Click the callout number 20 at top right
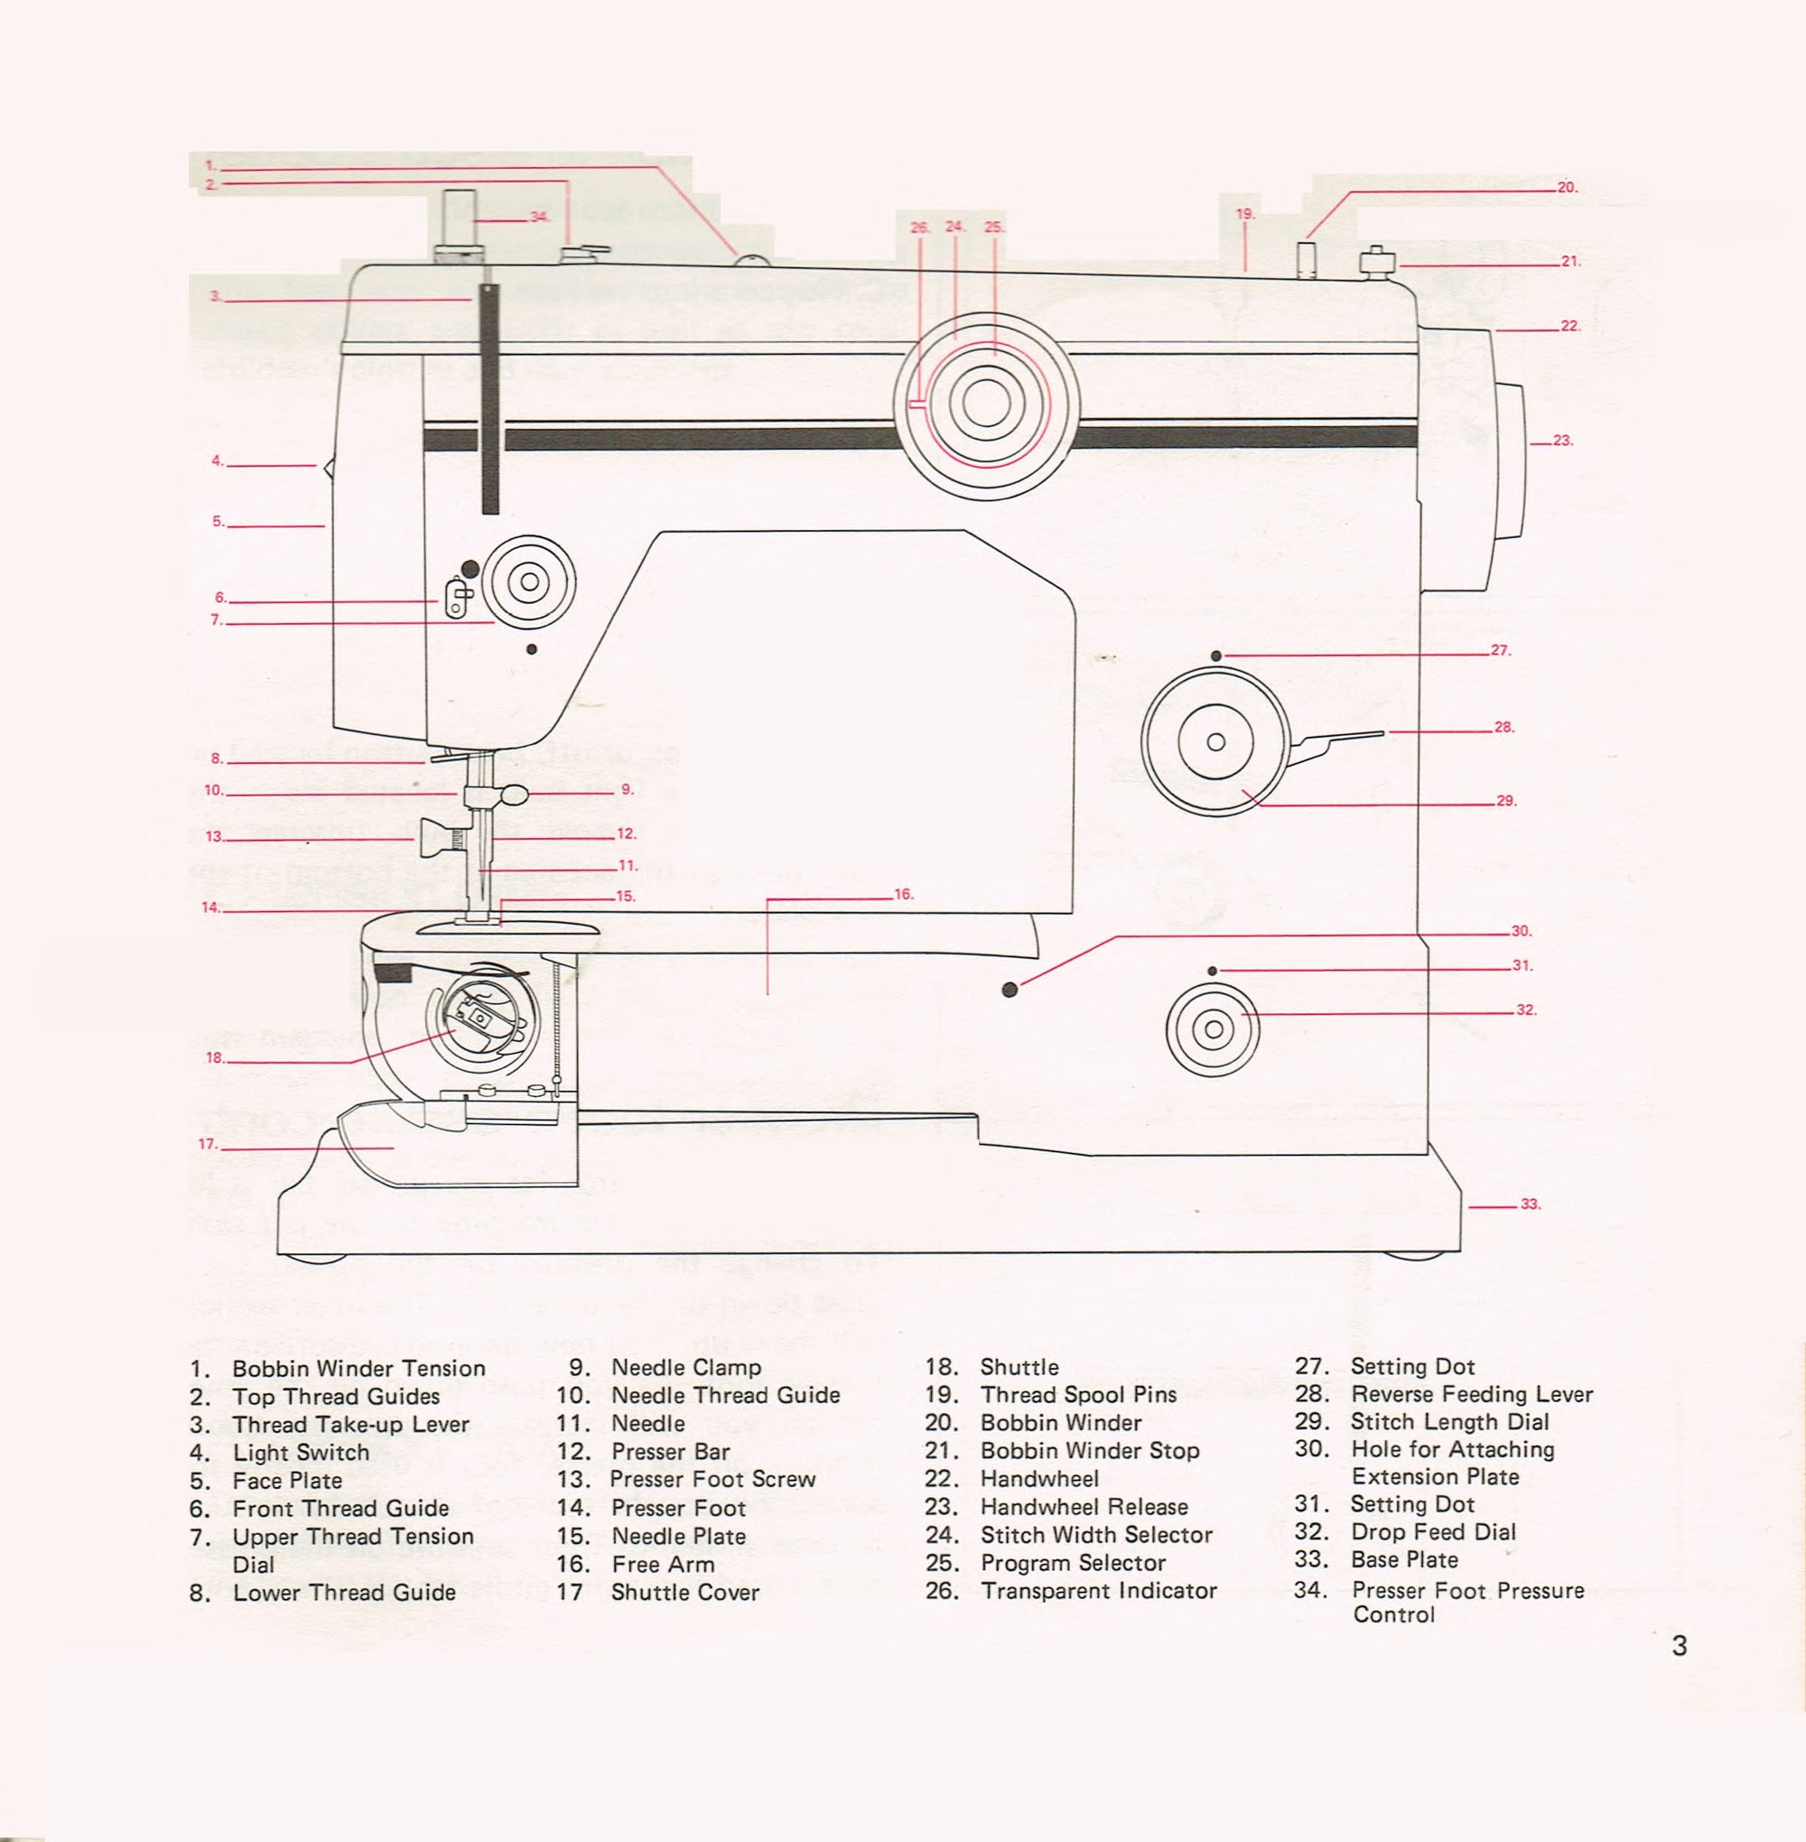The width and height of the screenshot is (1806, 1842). (x=1566, y=188)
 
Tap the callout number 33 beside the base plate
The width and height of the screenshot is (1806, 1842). (x=1530, y=1205)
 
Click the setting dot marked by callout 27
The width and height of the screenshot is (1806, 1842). (x=1217, y=656)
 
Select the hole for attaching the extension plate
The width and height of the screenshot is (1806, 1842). (x=1010, y=991)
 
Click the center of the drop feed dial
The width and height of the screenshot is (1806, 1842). (x=1213, y=1029)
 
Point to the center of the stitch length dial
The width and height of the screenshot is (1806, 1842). (x=1216, y=741)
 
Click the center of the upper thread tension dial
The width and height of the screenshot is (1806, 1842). (x=528, y=581)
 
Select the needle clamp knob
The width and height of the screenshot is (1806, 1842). (x=515, y=793)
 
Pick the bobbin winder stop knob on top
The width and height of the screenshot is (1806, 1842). (x=1376, y=260)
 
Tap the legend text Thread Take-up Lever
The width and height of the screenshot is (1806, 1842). (x=350, y=1425)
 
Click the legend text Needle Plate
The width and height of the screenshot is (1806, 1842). (x=678, y=1536)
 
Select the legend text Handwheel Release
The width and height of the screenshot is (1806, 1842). (x=1084, y=1507)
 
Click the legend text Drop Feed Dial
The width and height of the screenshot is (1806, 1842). (x=1432, y=1531)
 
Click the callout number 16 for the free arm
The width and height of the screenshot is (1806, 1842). (x=903, y=895)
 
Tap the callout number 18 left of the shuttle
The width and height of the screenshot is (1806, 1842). (x=215, y=1058)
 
